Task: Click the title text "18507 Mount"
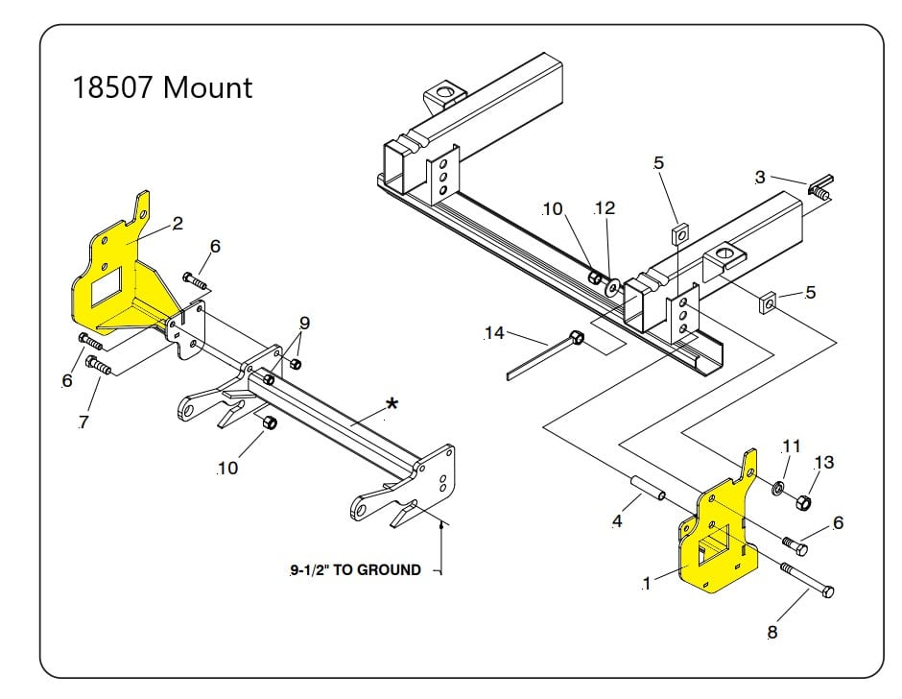coord(162,87)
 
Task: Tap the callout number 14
coord(494,333)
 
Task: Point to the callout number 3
coord(760,177)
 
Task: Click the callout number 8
coord(772,632)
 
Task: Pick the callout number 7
coord(83,422)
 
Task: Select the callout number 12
coord(605,208)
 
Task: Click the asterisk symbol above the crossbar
coord(392,405)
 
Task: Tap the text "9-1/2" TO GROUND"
coord(355,569)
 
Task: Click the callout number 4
coord(617,522)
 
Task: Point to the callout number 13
coord(823,463)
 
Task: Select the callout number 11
coord(791,446)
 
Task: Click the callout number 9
coord(305,322)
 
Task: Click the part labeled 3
coord(818,188)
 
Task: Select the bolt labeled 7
coord(99,366)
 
